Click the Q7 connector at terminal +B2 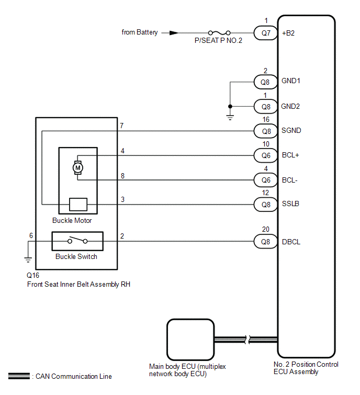click(265, 33)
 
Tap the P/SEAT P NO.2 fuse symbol click(219, 33)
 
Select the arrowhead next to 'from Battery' click(174, 33)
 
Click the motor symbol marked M click(77, 167)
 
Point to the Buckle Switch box click(77, 241)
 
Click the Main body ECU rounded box click(190, 340)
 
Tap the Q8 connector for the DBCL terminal click(265, 242)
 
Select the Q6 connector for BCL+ click(265, 155)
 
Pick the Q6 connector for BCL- click(265, 180)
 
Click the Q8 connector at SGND click(265, 131)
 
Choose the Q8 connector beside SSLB click(265, 205)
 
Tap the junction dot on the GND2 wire click(230, 106)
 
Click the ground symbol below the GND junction click(230, 117)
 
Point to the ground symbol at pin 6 click(28, 259)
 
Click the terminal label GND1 click(291, 81)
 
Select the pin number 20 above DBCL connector click(265, 229)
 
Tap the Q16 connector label click(33, 275)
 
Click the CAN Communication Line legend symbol click(19, 376)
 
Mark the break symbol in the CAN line click(247, 340)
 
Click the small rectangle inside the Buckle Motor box click(78, 205)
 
